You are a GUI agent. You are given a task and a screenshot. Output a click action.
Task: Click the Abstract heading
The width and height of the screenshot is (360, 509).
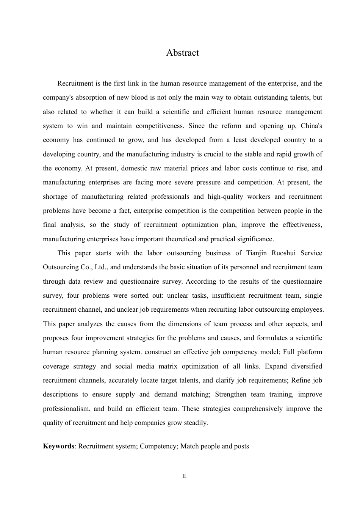click(x=182, y=53)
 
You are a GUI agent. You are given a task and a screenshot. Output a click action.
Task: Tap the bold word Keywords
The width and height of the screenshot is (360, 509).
click(x=58, y=446)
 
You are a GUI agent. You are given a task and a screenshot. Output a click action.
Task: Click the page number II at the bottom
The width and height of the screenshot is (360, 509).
click(x=184, y=476)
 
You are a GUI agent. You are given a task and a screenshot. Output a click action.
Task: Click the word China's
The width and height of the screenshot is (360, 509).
click(x=311, y=126)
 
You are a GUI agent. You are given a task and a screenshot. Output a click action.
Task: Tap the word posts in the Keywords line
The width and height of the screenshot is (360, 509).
click(x=241, y=446)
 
